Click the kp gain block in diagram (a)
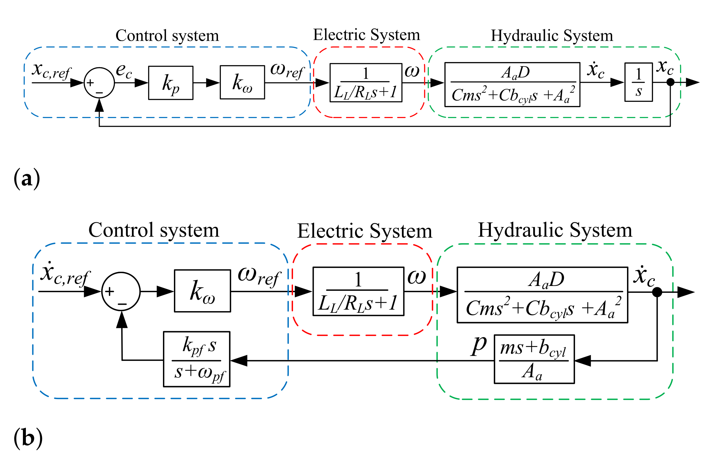tap(170, 83)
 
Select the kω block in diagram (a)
tap(242, 82)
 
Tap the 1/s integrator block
tap(638, 82)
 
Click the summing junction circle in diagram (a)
tap(99, 83)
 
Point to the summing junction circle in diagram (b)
tap(121, 291)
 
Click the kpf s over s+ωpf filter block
tap(197, 359)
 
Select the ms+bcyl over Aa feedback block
tap(534, 359)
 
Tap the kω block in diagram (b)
tap(202, 291)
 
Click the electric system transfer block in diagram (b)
tap(358, 291)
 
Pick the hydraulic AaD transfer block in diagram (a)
tap(512, 85)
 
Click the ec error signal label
tap(124, 70)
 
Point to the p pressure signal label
tap(479, 345)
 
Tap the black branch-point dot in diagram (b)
tap(657, 292)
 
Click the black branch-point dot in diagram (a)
tap(671, 82)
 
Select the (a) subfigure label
tap(27, 178)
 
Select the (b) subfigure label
tap(28, 438)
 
